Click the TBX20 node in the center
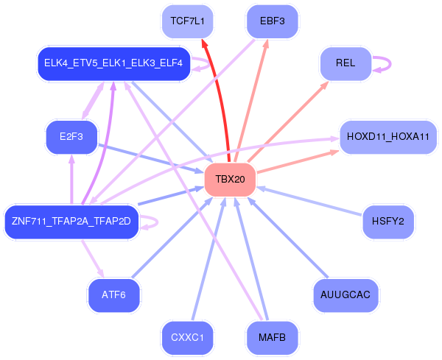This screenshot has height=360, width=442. [230, 180]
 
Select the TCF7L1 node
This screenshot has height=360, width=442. [187, 21]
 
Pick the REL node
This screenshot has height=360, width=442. [345, 63]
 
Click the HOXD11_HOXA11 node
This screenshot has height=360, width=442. [387, 137]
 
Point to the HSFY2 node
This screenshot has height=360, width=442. [388, 222]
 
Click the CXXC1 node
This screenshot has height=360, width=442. [187, 338]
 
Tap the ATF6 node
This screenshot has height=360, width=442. [113, 295]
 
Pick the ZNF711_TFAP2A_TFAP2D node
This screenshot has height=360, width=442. [71, 222]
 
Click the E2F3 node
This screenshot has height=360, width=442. [71, 137]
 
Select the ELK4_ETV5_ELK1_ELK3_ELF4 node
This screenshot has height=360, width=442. [113, 63]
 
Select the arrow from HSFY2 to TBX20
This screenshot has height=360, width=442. [309, 201]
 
